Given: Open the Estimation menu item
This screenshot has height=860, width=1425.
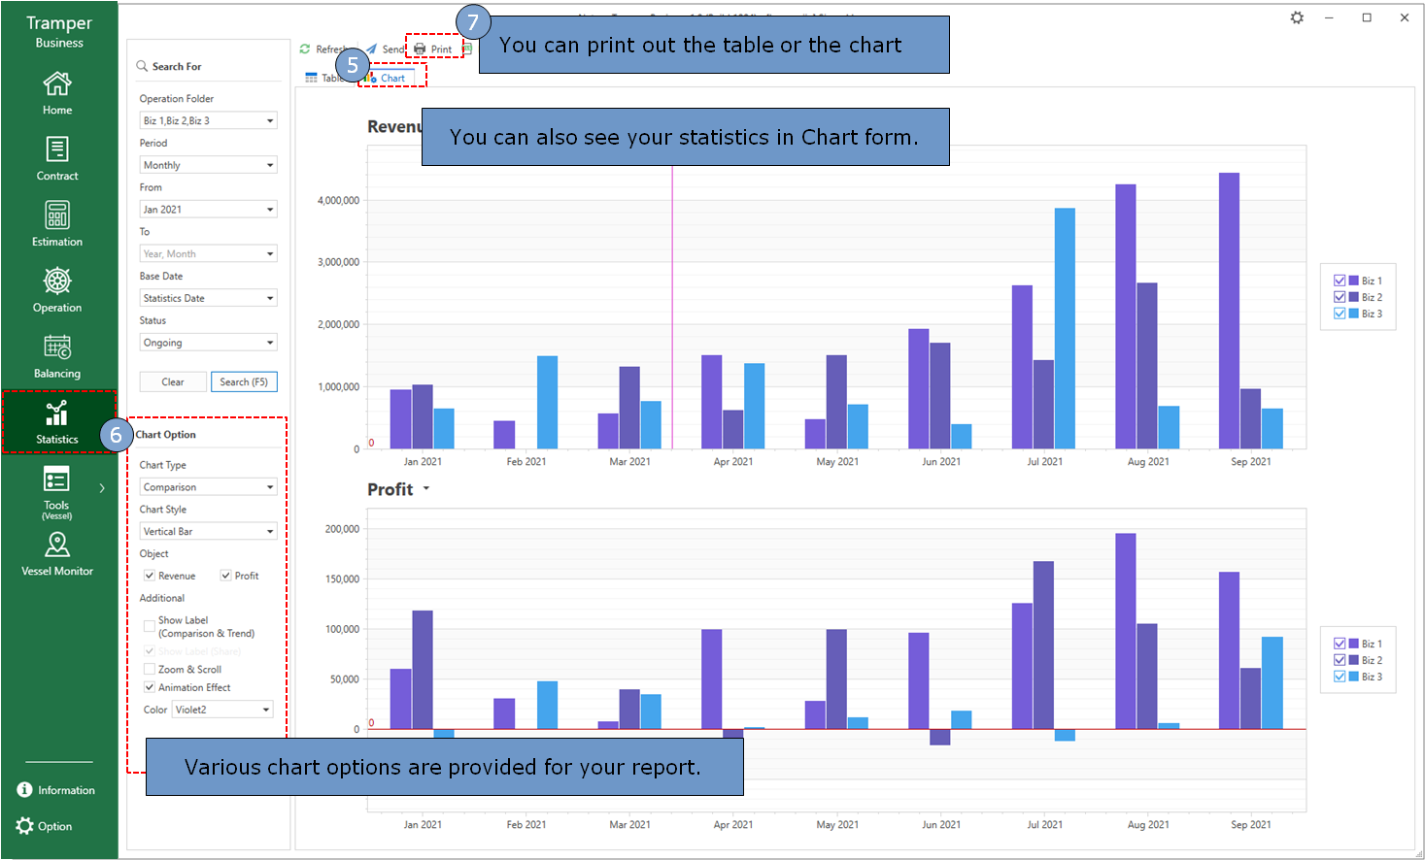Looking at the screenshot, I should [x=57, y=223].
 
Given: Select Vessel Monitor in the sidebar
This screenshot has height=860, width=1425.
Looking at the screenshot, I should [x=57, y=553].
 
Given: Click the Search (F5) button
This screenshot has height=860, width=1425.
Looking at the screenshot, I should [x=244, y=382].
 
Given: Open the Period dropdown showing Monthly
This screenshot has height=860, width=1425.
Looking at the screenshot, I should [x=208, y=165].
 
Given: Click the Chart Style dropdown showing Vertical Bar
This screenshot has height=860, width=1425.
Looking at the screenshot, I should [x=208, y=532].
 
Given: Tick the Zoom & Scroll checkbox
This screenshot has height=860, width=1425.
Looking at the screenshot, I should [x=150, y=670].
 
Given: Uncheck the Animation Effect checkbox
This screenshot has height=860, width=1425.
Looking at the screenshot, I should [x=150, y=687].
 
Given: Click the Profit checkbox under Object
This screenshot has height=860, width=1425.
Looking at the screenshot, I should [x=226, y=576].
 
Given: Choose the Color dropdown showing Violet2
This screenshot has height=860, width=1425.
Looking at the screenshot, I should [x=222, y=710].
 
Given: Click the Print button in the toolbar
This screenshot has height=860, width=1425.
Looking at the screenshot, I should [x=433, y=49].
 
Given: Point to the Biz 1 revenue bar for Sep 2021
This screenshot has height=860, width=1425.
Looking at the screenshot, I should [x=1229, y=311].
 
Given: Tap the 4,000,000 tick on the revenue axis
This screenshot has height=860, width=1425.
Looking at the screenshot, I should [x=338, y=201].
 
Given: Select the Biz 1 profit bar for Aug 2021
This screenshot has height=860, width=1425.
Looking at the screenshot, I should [x=1126, y=631].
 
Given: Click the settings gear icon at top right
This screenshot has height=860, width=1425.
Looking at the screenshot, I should [x=1297, y=17].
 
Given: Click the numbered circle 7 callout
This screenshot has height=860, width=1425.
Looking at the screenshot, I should [x=473, y=22].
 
